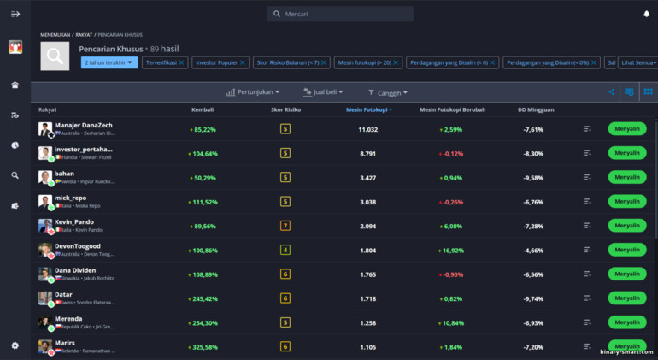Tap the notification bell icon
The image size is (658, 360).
click(x=646, y=14)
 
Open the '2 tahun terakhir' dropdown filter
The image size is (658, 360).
click(x=109, y=62)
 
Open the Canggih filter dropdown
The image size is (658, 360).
click(x=389, y=92)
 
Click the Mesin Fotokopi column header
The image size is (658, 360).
click(x=368, y=109)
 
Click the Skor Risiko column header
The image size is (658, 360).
click(x=285, y=109)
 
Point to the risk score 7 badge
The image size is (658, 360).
click(x=285, y=226)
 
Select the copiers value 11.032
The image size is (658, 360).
click(x=368, y=129)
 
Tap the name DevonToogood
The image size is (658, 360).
click(x=78, y=246)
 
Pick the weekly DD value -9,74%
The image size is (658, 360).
click(x=533, y=298)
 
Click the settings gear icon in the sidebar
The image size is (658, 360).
click(x=15, y=345)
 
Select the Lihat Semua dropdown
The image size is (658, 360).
click(x=637, y=62)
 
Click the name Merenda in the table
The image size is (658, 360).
click(x=69, y=319)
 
